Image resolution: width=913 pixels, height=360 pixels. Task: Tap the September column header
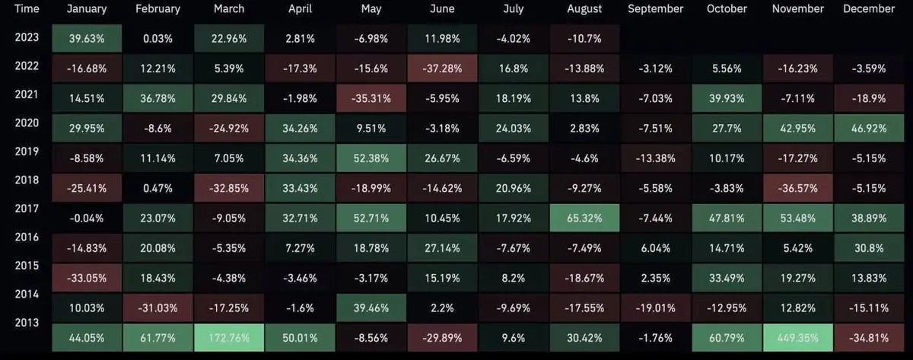coord(655,9)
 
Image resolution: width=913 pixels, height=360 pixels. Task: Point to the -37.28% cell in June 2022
coord(442,68)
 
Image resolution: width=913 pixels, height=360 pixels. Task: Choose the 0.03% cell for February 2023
coord(157,38)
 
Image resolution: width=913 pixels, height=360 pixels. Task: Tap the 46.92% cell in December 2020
coord(869,128)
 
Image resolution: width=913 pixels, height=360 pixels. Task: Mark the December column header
coord(869,9)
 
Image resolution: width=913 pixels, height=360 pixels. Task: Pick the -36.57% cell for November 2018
coord(798,187)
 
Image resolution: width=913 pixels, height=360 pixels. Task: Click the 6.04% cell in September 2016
coord(655,247)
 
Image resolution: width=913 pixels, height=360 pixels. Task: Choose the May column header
coord(371,9)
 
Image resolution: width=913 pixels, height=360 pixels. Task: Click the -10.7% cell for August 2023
coord(584,38)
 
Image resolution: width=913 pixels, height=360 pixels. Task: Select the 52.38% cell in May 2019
coord(371,158)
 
